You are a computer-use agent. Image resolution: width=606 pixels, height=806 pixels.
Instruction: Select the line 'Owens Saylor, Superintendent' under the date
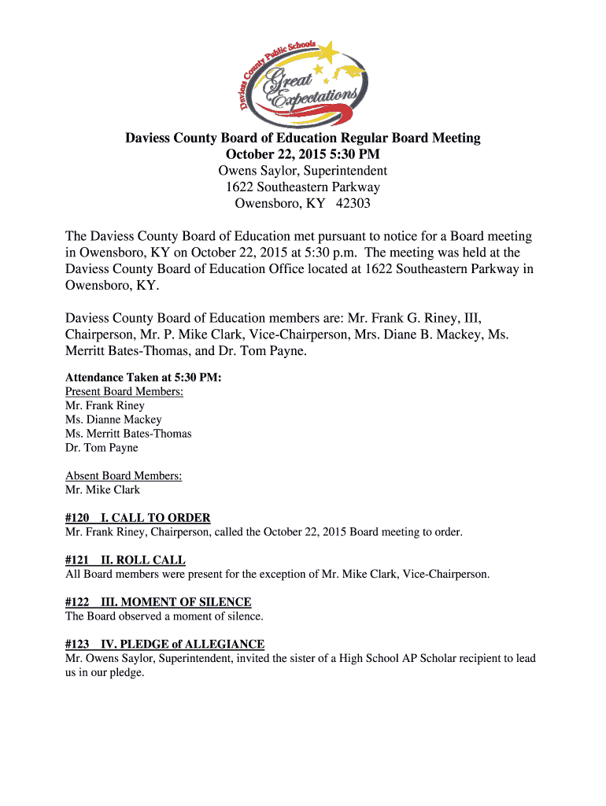click(303, 171)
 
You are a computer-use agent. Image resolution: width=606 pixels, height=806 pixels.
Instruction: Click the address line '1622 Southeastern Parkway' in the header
click(303, 187)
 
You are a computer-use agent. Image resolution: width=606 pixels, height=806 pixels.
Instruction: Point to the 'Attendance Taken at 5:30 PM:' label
click(143, 378)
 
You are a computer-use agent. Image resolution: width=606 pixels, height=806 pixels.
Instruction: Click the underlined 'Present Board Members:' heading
click(124, 392)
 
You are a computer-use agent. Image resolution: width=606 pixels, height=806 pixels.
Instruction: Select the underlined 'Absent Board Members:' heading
click(124, 476)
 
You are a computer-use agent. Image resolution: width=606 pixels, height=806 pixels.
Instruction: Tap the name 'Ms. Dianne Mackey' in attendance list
click(113, 420)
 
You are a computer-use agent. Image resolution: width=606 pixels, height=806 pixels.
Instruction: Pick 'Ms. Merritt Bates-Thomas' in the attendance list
click(128, 434)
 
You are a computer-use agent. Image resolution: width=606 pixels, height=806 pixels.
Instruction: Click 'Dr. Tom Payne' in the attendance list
click(102, 448)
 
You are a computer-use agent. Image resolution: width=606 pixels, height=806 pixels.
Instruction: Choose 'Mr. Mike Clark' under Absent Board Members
click(102, 490)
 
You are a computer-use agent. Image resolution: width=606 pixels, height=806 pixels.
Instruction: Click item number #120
click(76, 518)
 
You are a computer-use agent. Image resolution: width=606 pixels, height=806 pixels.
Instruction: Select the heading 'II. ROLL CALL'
click(143, 560)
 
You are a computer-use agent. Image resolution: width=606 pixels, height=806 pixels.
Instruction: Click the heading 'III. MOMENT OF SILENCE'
click(176, 602)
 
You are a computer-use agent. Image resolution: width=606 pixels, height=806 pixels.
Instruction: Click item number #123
click(76, 644)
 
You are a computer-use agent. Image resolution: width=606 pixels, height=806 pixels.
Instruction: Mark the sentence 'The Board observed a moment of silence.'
click(164, 616)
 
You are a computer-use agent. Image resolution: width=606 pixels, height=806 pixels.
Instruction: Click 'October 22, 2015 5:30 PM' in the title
click(303, 154)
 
